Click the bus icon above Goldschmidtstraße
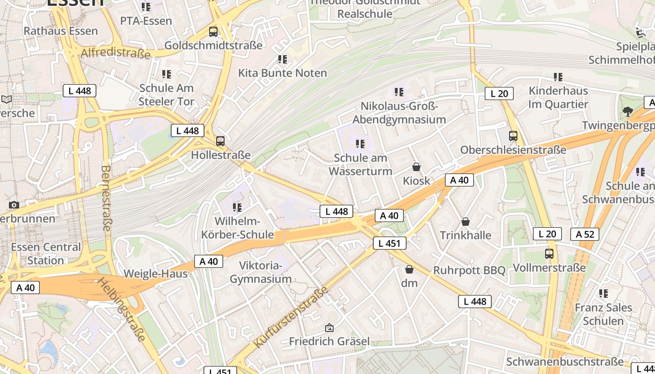click(213, 32)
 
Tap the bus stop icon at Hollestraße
click(220, 141)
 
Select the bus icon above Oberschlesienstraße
click(513, 136)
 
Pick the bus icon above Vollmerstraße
click(549, 254)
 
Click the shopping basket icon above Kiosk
click(416, 167)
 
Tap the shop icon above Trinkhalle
click(466, 221)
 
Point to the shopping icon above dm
click(409, 269)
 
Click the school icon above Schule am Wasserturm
click(360, 144)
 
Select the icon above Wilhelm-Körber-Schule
click(237, 207)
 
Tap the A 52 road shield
click(585, 234)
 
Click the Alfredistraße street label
click(116, 52)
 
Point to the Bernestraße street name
click(106, 198)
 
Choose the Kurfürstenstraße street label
click(291, 317)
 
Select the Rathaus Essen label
click(61, 31)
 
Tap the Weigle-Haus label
click(155, 273)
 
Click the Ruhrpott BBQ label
click(469, 270)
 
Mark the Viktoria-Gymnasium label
click(261, 273)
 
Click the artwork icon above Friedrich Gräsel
click(329, 328)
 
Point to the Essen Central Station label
click(46, 253)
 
